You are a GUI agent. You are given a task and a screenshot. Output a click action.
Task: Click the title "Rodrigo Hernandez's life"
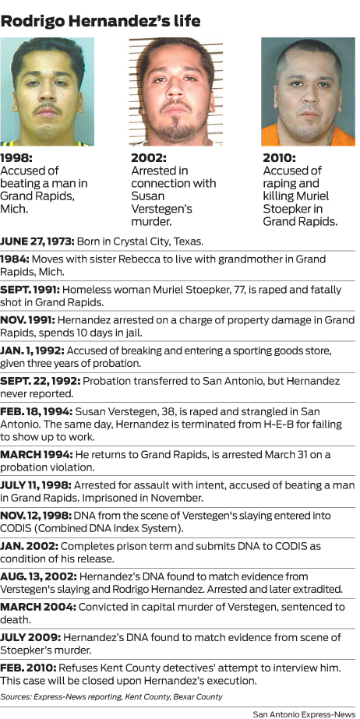(x=101, y=19)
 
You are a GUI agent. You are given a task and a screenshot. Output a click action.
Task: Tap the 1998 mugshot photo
(x=47, y=91)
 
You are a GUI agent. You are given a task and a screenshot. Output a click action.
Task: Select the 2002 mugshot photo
(x=176, y=91)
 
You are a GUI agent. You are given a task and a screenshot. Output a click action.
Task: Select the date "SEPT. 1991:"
(x=30, y=290)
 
